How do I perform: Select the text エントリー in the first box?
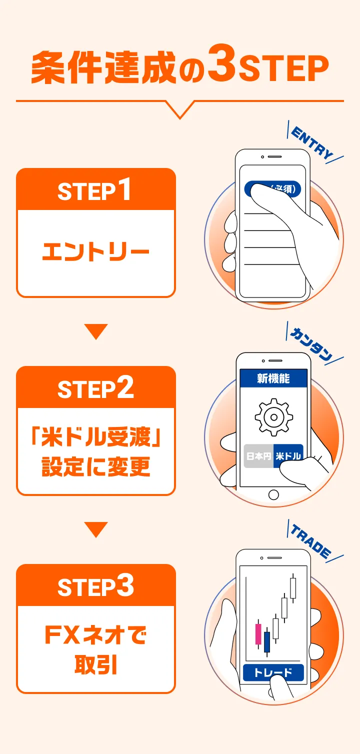tap(95, 252)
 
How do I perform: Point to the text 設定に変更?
tap(96, 466)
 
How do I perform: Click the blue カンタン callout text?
tap(311, 344)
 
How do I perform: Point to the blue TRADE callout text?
tap(311, 541)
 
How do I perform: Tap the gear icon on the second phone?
tap(274, 417)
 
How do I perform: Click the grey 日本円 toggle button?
tap(258, 456)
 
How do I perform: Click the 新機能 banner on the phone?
tap(273, 378)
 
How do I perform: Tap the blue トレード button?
tap(273, 673)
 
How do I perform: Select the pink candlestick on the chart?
tap(258, 634)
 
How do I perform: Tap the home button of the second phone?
tap(274, 494)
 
